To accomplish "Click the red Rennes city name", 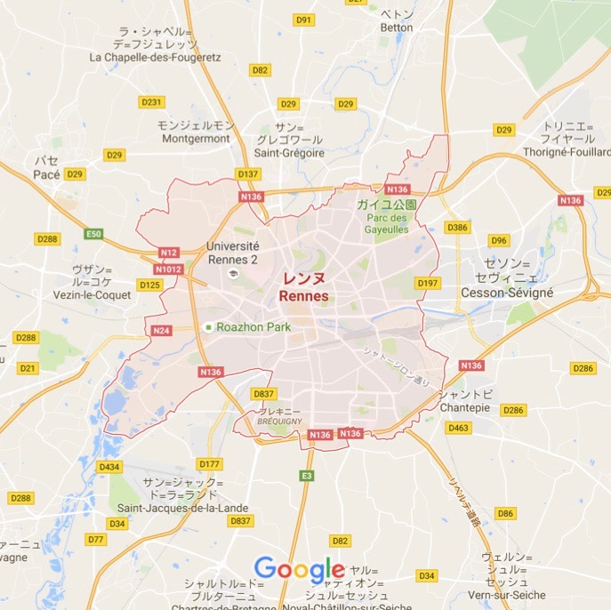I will [x=303, y=295].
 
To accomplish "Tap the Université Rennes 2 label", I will [x=232, y=253].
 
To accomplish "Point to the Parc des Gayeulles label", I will [x=385, y=223].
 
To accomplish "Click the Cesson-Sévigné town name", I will [x=507, y=292].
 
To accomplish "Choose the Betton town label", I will [x=396, y=28].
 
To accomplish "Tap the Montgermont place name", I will [x=196, y=139].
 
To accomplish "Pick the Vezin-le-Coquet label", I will [x=91, y=294].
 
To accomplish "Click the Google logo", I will [x=299, y=570].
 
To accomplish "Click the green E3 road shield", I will [x=307, y=476].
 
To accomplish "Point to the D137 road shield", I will [x=248, y=174].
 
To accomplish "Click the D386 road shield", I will [x=457, y=228].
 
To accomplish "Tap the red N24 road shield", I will [x=161, y=331].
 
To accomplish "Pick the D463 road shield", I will [x=458, y=429].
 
